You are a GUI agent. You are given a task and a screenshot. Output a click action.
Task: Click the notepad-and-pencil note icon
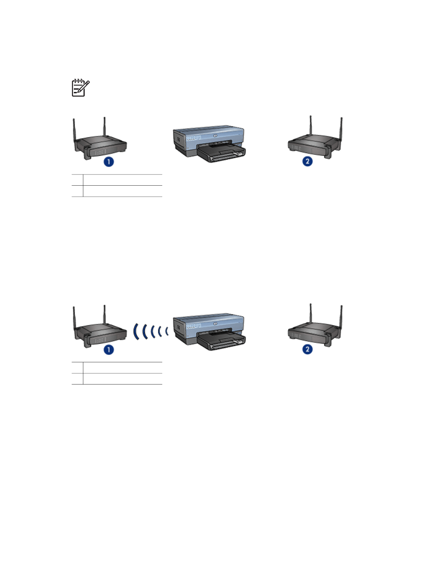pyautogui.click(x=81, y=88)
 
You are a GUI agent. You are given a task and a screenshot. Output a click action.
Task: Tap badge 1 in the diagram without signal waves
pyautogui.click(x=109, y=161)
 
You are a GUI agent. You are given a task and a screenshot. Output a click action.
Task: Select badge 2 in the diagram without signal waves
pyautogui.click(x=307, y=161)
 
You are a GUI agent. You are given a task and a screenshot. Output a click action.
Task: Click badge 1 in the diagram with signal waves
pyautogui.click(x=109, y=349)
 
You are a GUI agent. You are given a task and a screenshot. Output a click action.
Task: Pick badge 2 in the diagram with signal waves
pyautogui.click(x=307, y=349)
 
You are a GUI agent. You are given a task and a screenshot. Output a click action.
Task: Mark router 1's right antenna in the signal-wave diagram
pyautogui.click(x=104, y=315)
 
